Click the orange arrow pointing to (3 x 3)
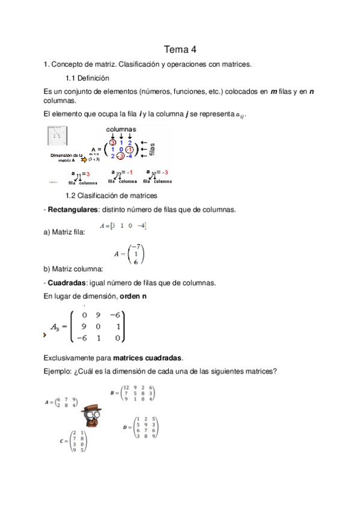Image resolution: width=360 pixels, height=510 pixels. pos(84,161)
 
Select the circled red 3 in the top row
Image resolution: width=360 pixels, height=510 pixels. pos(112,143)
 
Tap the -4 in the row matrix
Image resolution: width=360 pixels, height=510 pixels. pos(141,226)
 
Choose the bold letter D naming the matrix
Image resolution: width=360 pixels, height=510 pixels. pos(125,426)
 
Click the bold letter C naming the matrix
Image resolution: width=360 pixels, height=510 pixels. pos(61,441)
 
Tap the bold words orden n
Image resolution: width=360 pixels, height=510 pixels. pos(134,297)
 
